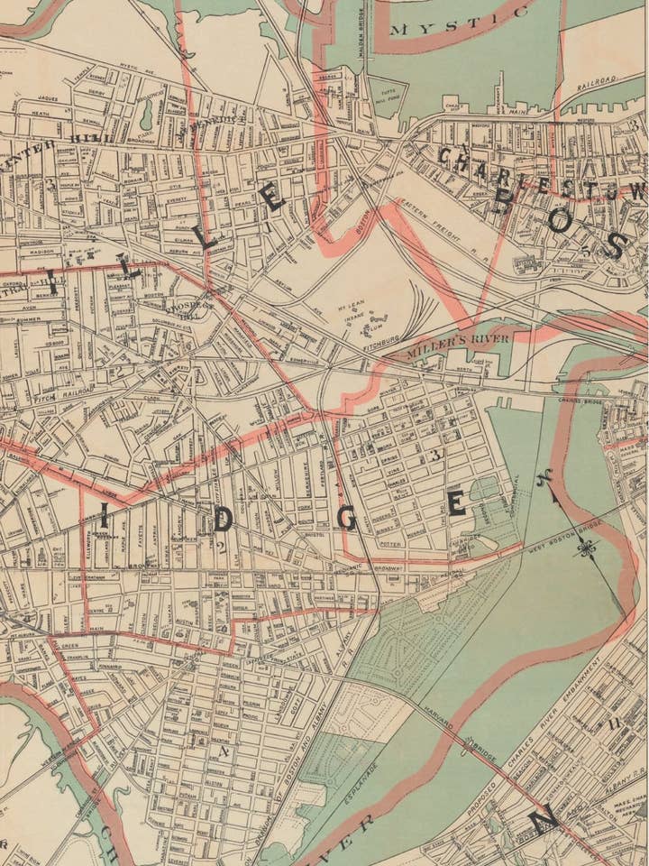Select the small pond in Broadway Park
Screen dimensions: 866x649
coord(146,113)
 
